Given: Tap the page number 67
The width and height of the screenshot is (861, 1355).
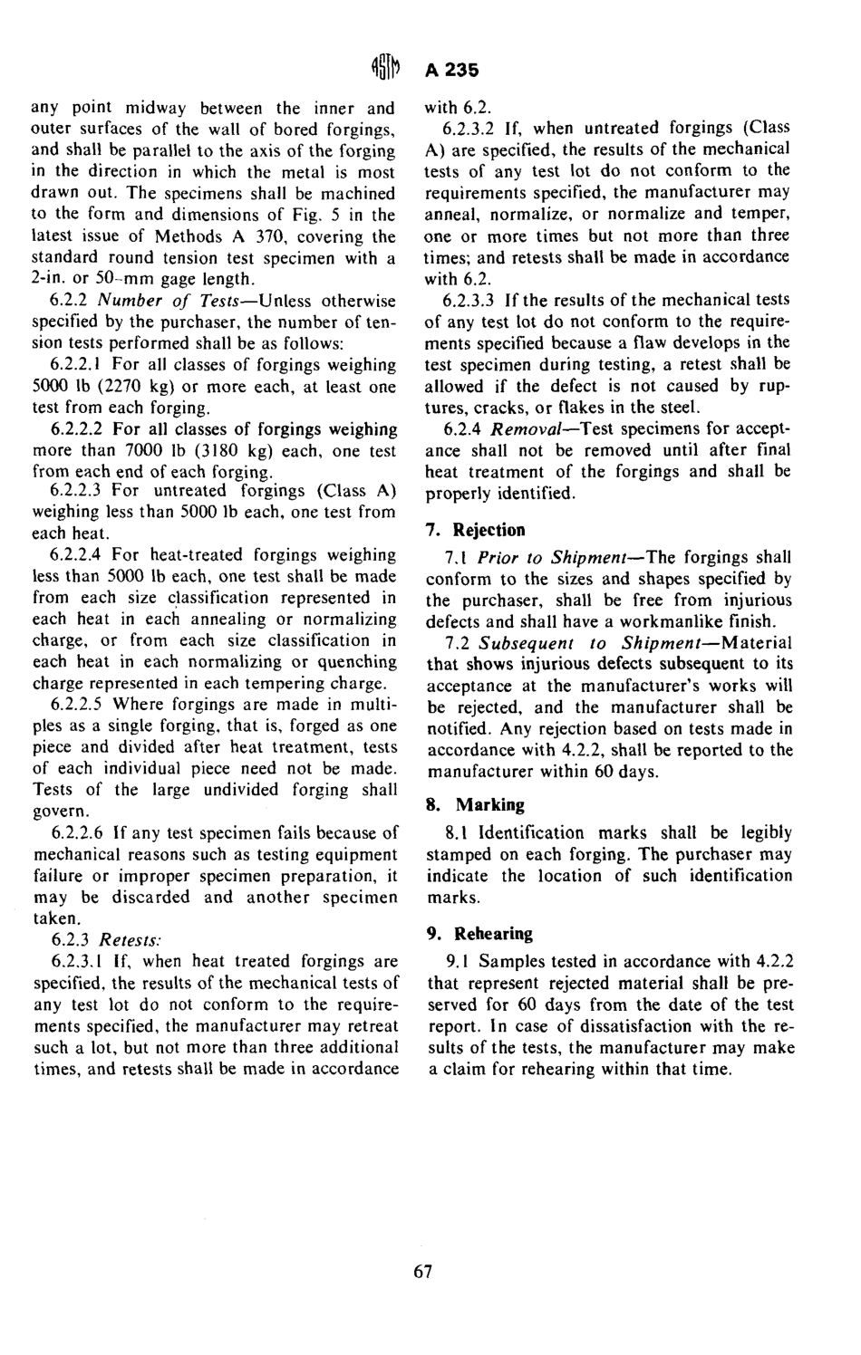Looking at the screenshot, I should tap(423, 1272).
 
